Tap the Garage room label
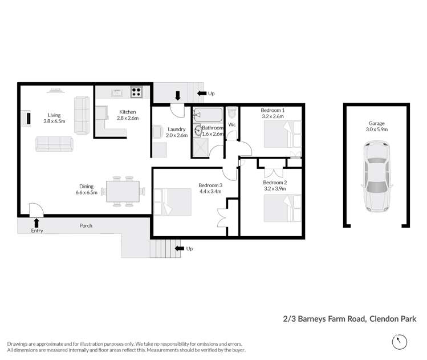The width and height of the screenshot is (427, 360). (376, 123)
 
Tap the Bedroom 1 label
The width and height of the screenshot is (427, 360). (273, 110)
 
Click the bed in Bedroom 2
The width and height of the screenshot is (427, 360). (282, 208)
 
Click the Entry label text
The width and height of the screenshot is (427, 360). (36, 230)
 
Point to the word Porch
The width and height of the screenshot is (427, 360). (86, 225)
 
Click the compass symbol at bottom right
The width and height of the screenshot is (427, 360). (400, 342)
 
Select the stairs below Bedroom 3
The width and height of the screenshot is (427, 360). (162, 248)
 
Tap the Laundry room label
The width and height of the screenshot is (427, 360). (177, 129)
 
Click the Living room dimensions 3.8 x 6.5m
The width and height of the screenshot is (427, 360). (55, 122)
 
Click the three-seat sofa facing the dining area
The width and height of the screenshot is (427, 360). (54, 144)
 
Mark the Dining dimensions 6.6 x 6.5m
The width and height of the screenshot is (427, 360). (87, 193)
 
